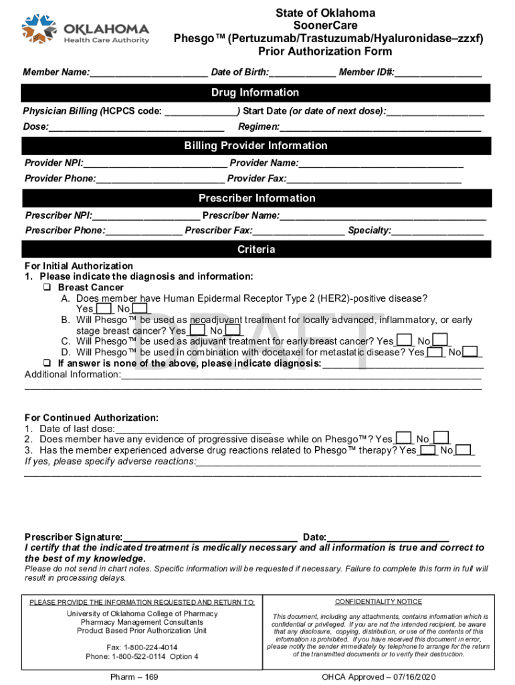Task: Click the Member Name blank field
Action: tap(148, 72)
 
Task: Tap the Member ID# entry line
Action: tap(438, 72)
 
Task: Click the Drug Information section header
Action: tap(255, 92)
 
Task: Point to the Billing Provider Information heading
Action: tap(255, 146)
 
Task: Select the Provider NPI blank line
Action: tap(155, 163)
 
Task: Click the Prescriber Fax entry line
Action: tap(299, 231)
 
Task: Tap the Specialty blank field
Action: tap(438, 231)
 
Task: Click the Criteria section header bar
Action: tap(255, 250)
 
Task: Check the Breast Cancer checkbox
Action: tap(48, 288)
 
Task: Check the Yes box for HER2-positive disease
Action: tap(104, 309)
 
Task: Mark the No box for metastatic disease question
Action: tap(470, 352)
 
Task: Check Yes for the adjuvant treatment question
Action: tap(403, 341)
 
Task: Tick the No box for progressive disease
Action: tap(440, 439)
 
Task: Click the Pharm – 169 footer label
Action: tap(134, 677)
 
